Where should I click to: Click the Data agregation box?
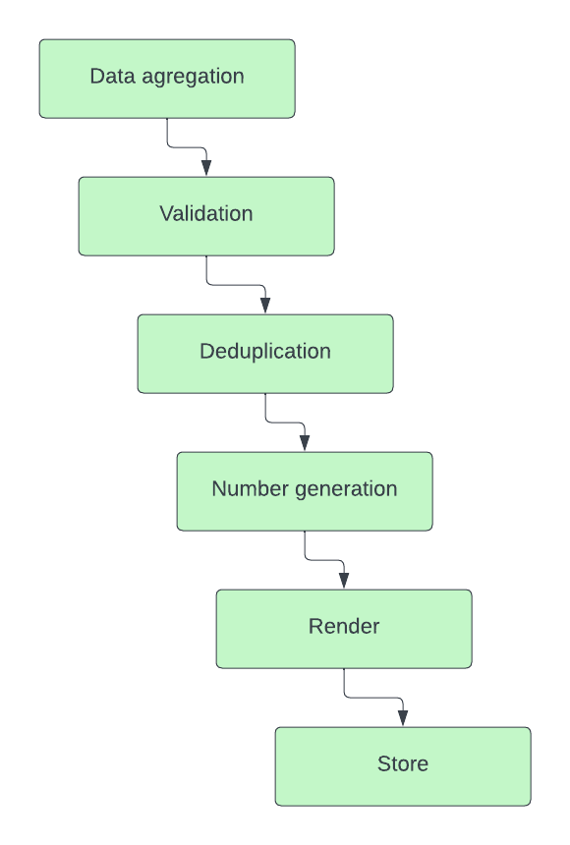click(167, 79)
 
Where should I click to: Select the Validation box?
click(206, 216)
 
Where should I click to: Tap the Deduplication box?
click(265, 354)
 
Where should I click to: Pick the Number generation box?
click(305, 491)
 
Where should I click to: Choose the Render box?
click(344, 629)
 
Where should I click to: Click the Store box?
click(403, 766)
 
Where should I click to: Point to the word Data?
click(113, 76)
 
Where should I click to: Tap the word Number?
click(251, 488)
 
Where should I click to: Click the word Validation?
click(206, 213)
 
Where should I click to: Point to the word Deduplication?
click(265, 352)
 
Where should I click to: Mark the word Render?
click(344, 626)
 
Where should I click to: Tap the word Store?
click(403, 763)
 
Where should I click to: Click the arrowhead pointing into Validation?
click(206, 168)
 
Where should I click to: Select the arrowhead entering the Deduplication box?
click(265, 306)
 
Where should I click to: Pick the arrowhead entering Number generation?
click(305, 443)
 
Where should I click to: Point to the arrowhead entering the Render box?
click(344, 581)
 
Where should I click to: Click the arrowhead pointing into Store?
click(403, 718)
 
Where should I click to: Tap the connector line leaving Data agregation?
click(187, 147)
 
